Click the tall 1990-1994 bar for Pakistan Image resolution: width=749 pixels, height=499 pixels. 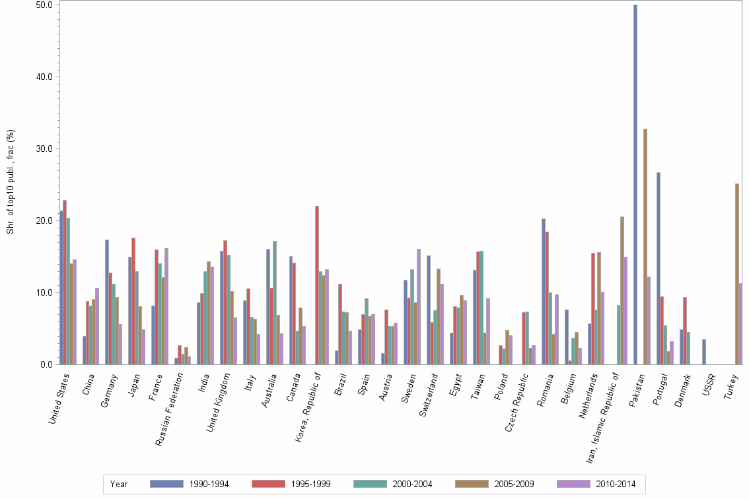point(635,185)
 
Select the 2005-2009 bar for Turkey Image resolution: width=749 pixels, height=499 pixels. point(736,274)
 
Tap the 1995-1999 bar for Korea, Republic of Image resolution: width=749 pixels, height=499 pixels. point(317,285)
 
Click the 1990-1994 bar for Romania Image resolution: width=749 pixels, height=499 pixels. point(544,291)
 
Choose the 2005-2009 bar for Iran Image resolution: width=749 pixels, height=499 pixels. point(622,290)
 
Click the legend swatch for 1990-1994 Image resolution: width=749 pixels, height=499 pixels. point(166,484)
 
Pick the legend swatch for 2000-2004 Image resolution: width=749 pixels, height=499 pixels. point(370,484)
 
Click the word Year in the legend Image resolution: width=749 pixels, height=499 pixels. point(119,484)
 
